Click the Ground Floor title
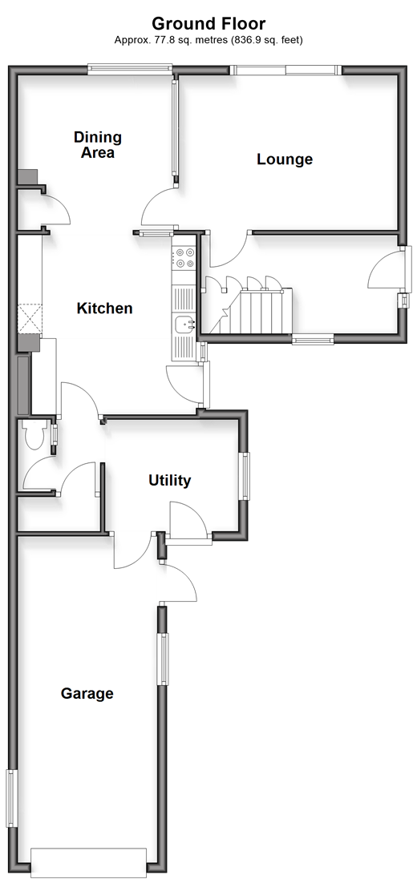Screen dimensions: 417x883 tap(208, 24)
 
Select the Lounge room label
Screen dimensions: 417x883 tap(285, 159)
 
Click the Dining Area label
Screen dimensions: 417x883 tap(98, 145)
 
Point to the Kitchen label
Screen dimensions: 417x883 tap(105, 308)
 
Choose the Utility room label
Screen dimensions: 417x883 tap(170, 480)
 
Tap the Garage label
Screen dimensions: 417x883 tap(87, 693)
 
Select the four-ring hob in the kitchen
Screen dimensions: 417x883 tap(184, 259)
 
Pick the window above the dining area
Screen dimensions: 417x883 tap(130, 69)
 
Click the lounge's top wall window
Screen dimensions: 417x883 tap(286, 70)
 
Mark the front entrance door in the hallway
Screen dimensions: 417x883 tap(403, 274)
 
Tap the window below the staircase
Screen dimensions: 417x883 tap(313, 338)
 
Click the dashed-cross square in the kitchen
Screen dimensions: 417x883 tap(30, 319)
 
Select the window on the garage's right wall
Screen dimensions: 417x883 tap(163, 659)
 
